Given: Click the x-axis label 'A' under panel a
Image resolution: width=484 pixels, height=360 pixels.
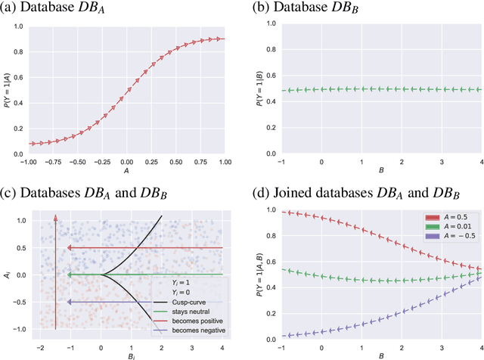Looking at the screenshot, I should click(126, 171).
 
